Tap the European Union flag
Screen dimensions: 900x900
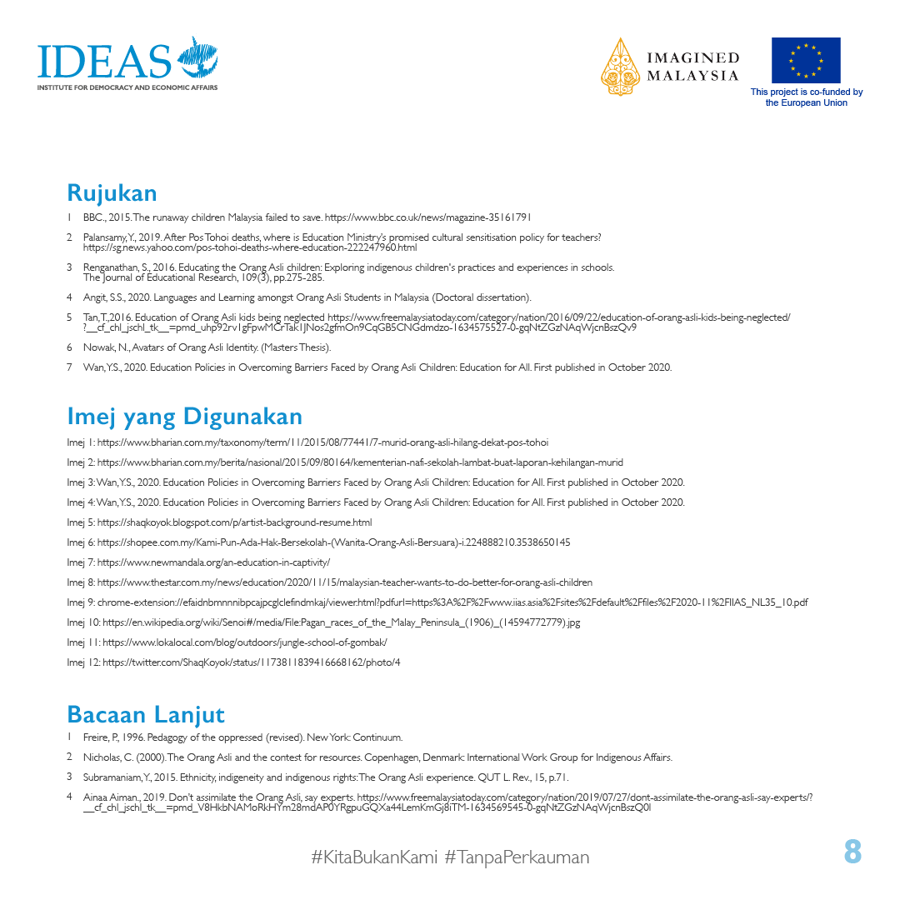click(x=805, y=60)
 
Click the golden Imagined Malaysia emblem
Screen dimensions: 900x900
click(x=620, y=66)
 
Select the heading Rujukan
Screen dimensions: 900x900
click(x=112, y=193)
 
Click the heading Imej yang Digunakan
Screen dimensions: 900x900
click(x=184, y=416)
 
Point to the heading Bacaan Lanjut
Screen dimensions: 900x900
click(x=146, y=715)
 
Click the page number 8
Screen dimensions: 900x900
click(x=852, y=852)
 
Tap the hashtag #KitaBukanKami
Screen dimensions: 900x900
click(x=373, y=857)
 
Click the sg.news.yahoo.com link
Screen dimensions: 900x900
click(x=250, y=247)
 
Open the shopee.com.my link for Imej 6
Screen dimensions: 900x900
click(x=333, y=542)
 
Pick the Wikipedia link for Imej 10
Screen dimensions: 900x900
click(x=342, y=622)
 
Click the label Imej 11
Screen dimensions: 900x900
click(x=82, y=642)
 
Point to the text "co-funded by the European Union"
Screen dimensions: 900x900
click(x=806, y=97)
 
